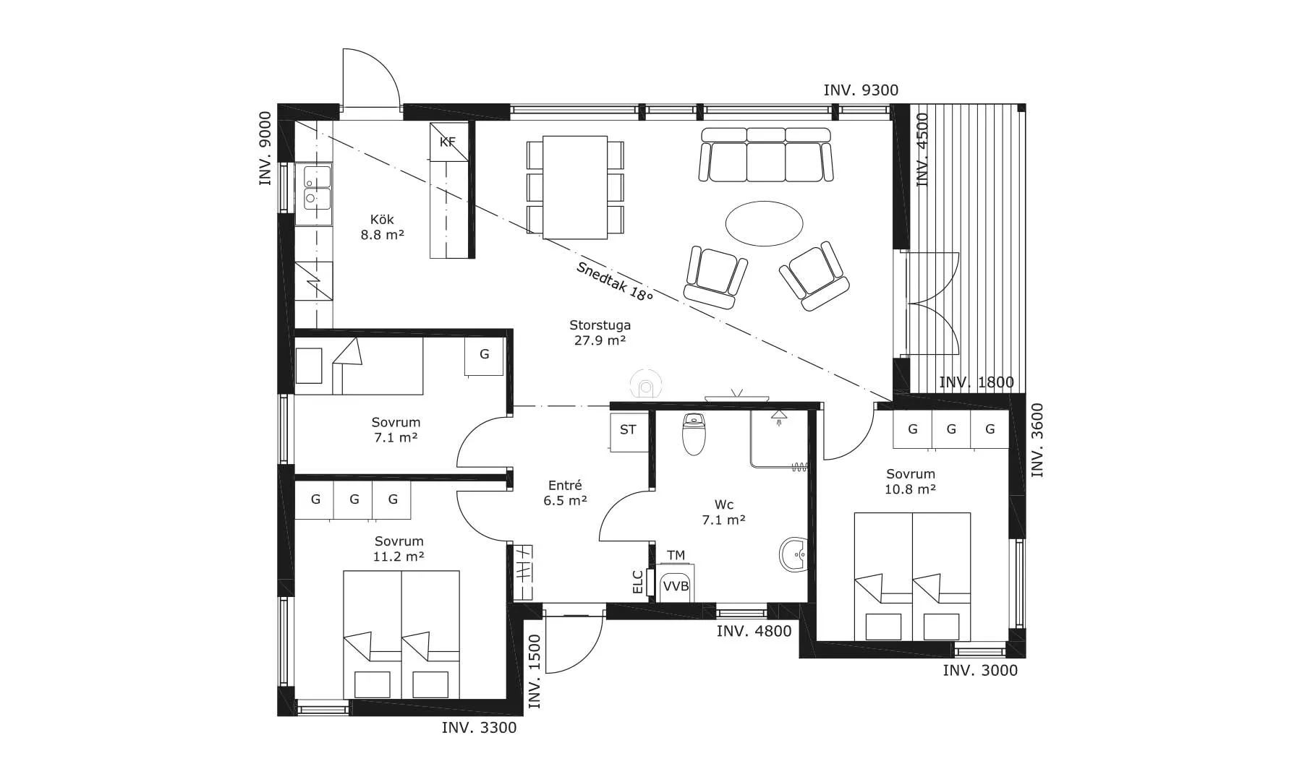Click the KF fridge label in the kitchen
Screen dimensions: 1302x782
448,142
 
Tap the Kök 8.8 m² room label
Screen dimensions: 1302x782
382,227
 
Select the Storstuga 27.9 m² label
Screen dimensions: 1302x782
600,332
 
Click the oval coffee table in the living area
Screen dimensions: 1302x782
764,223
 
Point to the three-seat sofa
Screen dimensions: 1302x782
766,154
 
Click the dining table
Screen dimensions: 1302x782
575,187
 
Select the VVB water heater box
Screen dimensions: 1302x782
676,586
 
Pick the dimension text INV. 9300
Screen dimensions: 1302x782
861,90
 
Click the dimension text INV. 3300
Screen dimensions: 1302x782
479,728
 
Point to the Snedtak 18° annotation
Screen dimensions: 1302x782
614,281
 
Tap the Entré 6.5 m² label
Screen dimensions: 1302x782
565,492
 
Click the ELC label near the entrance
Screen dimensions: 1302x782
638,582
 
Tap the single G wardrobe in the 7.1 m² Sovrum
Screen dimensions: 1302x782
484,356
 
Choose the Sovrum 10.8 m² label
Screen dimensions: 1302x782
911,481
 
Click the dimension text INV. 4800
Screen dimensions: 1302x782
754,631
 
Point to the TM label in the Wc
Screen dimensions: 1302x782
676,555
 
